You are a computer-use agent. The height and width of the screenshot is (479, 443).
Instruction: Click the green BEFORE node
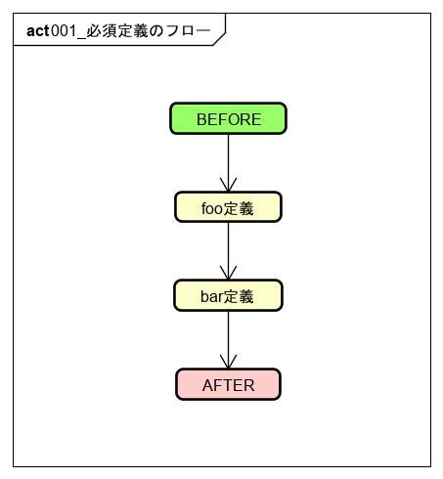coord(228,118)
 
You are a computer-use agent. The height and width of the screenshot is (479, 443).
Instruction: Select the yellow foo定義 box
coord(228,207)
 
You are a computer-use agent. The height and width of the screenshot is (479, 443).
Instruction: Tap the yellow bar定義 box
coord(228,296)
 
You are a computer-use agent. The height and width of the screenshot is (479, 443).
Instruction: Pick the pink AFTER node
coord(228,384)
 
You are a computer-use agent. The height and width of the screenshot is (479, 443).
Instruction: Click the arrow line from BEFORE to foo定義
coord(228,156)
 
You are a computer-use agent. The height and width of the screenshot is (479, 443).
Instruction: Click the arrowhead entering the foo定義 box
coord(228,185)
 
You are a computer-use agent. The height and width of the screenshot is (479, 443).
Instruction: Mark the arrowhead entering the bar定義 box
coord(228,274)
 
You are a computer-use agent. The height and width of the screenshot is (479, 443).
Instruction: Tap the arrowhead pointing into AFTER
coord(228,362)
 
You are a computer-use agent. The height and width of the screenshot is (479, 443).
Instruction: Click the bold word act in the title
coord(37,30)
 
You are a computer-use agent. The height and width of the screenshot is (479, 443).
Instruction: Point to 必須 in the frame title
coord(101,30)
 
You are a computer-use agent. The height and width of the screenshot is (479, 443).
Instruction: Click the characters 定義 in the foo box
coord(241,208)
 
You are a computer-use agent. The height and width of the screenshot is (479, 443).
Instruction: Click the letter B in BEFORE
coord(201,119)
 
